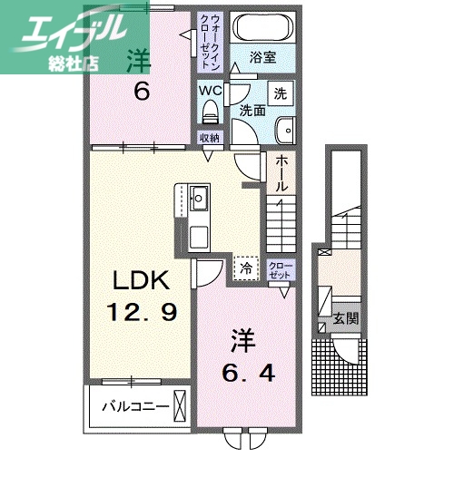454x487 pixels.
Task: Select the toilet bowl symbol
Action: [x=211, y=112]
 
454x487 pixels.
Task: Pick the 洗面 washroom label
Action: [x=252, y=110]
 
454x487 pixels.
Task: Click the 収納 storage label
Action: [x=210, y=138]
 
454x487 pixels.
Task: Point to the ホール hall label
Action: [x=282, y=172]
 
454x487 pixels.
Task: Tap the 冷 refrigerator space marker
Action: [x=245, y=267]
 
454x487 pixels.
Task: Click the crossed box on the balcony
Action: [x=179, y=404]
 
